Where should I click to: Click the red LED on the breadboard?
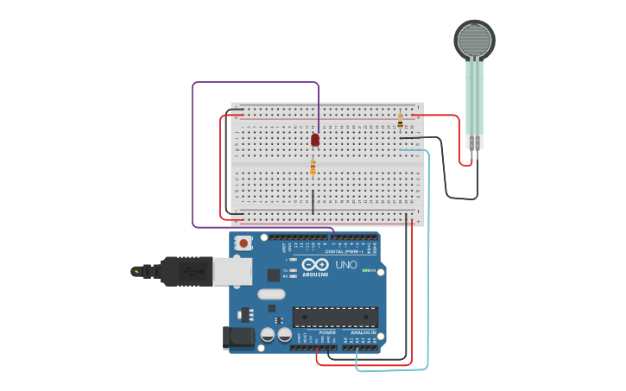coord(315,139)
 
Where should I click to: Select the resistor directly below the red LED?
coord(313,167)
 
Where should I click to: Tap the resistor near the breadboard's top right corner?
coord(400,122)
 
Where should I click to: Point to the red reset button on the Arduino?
coord(244,243)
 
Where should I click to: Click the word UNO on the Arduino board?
coord(346,265)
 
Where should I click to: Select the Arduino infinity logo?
coord(315,264)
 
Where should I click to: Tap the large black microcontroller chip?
coord(335,317)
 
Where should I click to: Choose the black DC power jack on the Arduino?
coord(238,337)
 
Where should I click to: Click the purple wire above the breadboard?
coord(256,83)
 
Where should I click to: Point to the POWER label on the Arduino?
coord(327,332)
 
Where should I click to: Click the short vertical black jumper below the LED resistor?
coord(313,202)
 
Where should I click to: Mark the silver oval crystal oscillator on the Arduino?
coord(270,294)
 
